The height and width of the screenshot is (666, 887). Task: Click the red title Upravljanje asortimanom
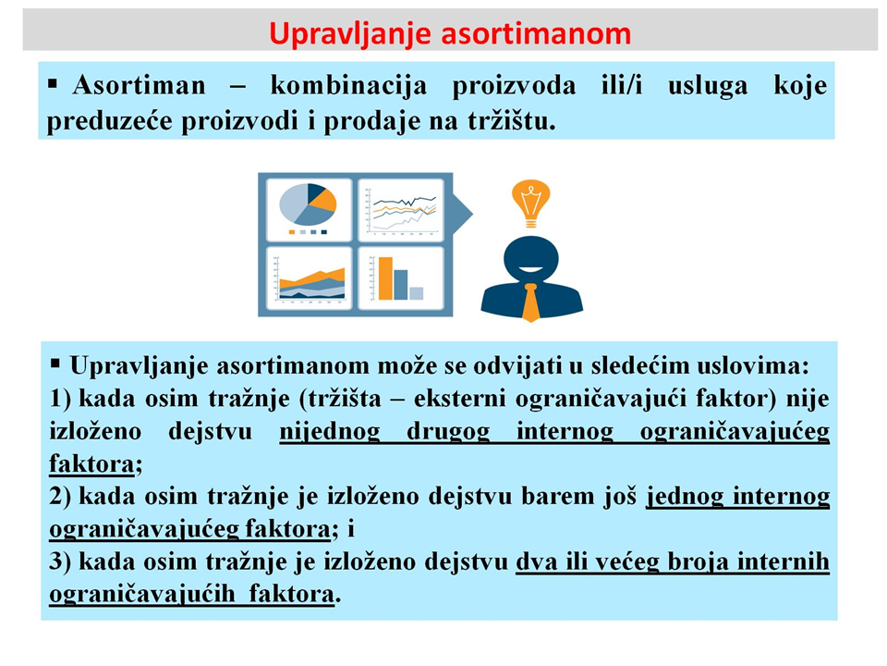coord(450,33)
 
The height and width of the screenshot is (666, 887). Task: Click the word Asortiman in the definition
coord(140,85)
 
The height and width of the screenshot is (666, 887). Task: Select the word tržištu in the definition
coord(511,120)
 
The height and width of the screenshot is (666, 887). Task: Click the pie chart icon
coord(309,204)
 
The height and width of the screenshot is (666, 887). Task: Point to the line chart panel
coord(401,210)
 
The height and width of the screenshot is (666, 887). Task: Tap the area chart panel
coord(310,278)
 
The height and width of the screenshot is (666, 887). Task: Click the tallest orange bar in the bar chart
coord(386,278)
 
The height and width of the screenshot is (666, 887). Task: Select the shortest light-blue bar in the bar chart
coord(417,293)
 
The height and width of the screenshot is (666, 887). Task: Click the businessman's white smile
coord(530,269)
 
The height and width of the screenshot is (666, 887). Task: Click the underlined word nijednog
coord(330,432)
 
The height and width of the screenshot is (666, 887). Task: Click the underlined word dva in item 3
coord(534,561)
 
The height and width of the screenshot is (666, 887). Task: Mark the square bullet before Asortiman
coord(54,85)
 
